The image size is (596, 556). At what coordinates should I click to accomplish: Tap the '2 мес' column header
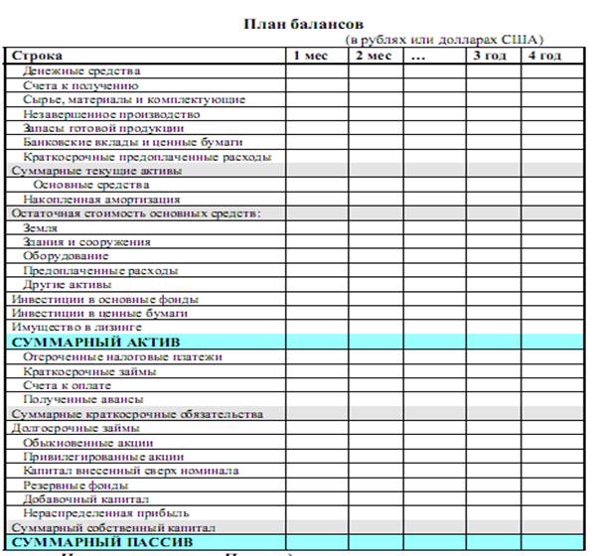click(373, 56)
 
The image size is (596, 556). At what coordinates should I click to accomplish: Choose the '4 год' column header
click(544, 56)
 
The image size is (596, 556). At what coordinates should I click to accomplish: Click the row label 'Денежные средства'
click(81, 70)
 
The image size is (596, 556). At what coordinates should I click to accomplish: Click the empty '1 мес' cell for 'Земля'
click(315, 227)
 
